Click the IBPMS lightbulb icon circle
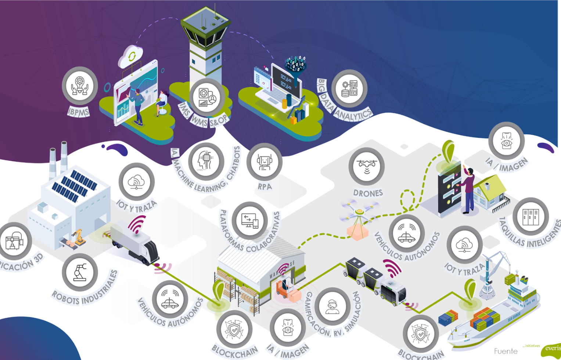80,86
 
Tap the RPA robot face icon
264,162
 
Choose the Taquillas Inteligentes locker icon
531,216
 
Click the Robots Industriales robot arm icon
80,273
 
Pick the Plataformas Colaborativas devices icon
250,221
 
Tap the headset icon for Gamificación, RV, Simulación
332,306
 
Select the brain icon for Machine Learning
206,161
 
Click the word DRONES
368,193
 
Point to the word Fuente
506,351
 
